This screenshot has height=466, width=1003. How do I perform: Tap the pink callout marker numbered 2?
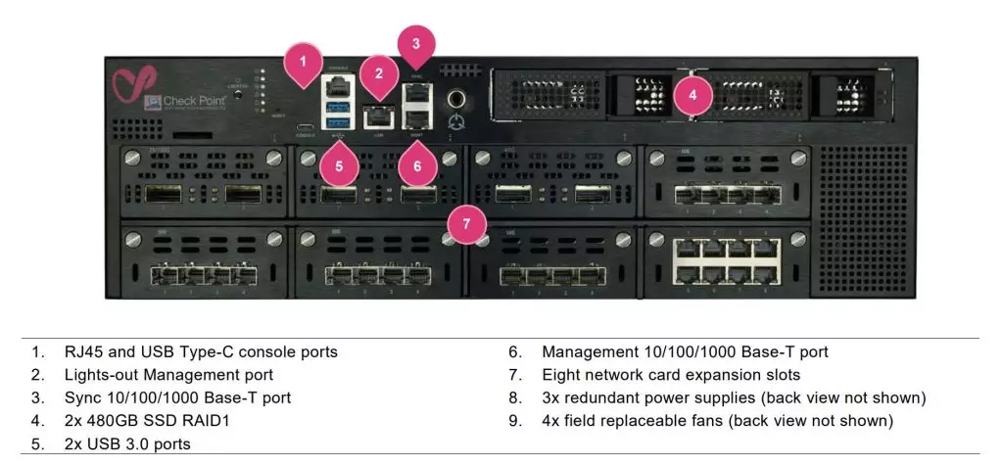pos(379,71)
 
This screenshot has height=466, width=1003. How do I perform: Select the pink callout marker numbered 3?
pos(415,43)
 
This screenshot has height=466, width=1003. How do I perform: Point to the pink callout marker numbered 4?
pos(693,95)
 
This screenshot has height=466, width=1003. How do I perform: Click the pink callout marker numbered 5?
pos(339,165)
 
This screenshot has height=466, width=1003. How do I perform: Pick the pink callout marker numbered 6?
pos(416,165)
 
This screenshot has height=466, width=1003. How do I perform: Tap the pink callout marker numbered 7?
pos(466,223)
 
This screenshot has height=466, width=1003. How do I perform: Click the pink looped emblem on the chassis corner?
pos(131,86)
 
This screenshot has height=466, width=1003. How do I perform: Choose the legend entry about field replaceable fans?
pos(717,421)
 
